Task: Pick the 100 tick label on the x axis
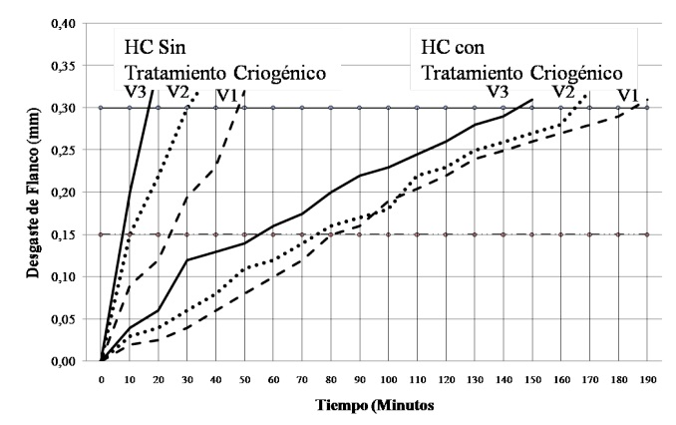point(387,381)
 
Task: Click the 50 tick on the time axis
point(244,381)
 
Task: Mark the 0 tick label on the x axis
point(102,381)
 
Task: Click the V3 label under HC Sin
point(137,91)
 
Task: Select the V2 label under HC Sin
point(178,91)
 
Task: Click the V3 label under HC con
point(499,92)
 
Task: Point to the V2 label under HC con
point(563,92)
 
